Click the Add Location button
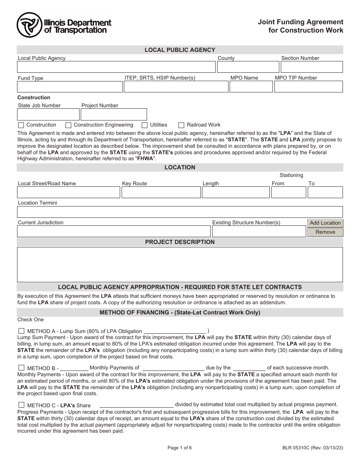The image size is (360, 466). click(325, 223)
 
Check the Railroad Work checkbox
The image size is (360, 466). click(181, 125)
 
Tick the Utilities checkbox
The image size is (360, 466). click(144, 125)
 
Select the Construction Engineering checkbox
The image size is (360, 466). click(68, 125)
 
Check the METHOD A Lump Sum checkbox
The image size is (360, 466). click(21, 331)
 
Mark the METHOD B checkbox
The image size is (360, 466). click(21, 368)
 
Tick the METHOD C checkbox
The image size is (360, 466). click(21, 405)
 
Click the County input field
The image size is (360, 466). click(247, 67)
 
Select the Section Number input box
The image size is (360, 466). click(311, 67)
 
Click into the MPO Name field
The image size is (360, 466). click(251, 87)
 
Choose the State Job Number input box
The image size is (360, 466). click(48, 114)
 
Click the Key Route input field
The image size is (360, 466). click(161, 192)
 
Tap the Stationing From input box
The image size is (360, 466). click(288, 192)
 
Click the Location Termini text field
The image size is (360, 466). click(180, 212)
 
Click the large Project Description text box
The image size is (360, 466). click(180, 264)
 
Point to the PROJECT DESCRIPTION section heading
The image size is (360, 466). click(180, 242)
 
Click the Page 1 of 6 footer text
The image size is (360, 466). click(180, 447)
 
